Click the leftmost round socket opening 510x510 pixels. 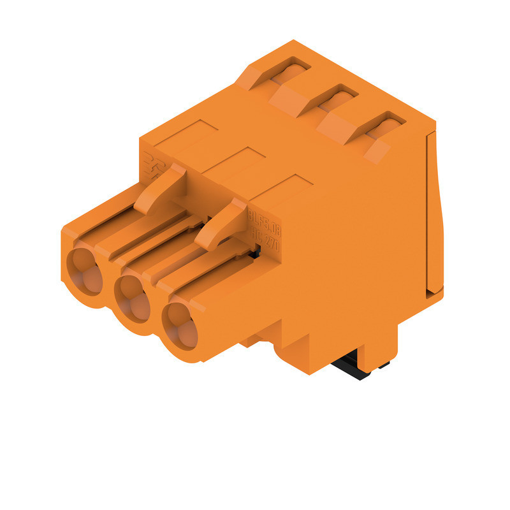(85, 271)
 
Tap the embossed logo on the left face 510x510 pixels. (153, 163)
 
